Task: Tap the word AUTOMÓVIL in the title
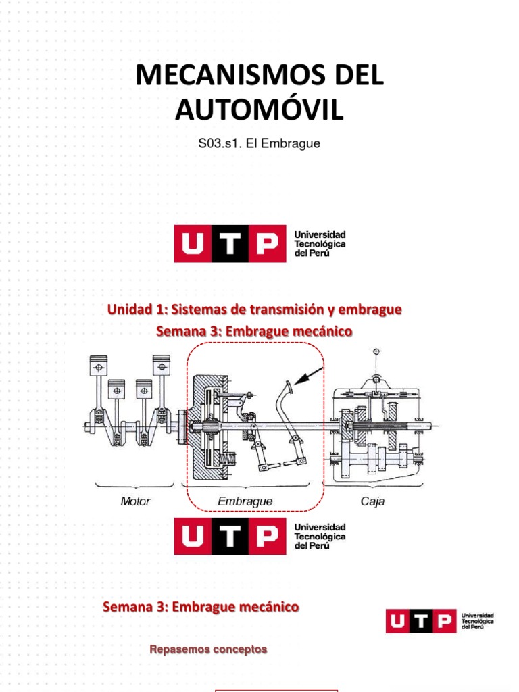[x=259, y=109]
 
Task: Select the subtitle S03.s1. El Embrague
[x=259, y=144]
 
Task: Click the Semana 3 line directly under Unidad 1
[x=254, y=331]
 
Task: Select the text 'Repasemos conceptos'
[x=208, y=649]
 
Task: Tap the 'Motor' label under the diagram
[x=135, y=501]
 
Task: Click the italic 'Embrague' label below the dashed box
[x=245, y=501]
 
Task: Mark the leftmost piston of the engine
[x=99, y=367]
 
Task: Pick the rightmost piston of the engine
[x=161, y=366]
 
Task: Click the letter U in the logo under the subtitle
[x=193, y=243]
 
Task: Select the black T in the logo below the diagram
[x=230, y=537]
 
